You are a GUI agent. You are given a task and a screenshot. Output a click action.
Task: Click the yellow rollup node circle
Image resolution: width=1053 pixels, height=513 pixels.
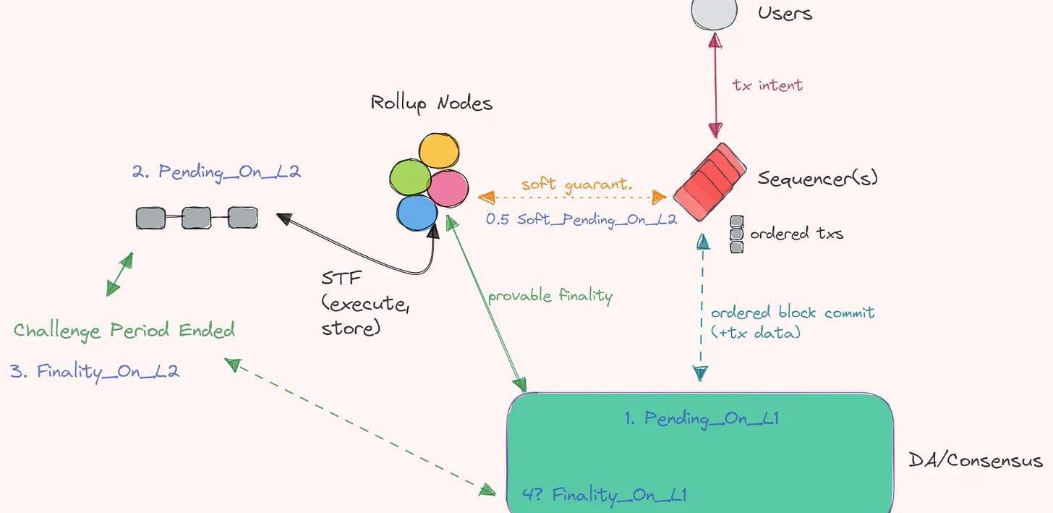coord(439,152)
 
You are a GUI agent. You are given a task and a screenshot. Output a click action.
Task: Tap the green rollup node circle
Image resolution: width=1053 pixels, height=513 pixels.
coord(410,177)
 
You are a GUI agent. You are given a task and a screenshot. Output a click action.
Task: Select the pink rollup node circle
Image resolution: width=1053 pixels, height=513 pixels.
coord(448,188)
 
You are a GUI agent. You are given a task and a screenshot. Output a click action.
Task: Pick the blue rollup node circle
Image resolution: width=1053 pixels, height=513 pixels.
coord(417,213)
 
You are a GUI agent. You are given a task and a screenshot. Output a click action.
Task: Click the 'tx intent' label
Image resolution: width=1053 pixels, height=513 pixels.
coord(767,85)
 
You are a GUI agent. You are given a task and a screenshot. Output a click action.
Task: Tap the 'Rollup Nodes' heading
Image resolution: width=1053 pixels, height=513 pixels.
coord(431,103)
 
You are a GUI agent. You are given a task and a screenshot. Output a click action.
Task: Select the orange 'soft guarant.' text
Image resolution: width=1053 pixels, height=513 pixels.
coord(576,184)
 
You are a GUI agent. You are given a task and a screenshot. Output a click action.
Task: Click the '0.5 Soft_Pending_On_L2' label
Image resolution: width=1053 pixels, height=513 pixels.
coord(581,219)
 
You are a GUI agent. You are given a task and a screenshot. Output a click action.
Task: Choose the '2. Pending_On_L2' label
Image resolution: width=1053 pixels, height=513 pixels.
coord(216,172)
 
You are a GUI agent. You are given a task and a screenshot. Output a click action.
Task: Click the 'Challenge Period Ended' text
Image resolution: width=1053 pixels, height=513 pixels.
coord(124,331)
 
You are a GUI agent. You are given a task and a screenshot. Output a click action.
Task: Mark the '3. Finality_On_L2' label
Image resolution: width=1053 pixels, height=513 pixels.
coord(95,372)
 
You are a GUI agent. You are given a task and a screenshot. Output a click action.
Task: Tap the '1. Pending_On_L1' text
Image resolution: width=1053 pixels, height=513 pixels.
coord(701,418)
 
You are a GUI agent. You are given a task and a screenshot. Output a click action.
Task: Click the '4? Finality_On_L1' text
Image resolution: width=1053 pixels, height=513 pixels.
coord(604,495)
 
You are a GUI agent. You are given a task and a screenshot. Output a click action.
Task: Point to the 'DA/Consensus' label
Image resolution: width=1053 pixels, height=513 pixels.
coord(975,460)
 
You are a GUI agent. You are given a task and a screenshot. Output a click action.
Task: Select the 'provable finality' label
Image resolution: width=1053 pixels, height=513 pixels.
coord(550,296)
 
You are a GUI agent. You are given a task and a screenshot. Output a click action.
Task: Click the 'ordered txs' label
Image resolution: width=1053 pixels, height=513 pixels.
coord(796,234)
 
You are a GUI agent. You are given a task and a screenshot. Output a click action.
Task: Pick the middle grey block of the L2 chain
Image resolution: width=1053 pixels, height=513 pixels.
coord(196,218)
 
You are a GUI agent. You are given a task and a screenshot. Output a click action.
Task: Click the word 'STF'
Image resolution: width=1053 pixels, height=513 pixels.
coord(341,279)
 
